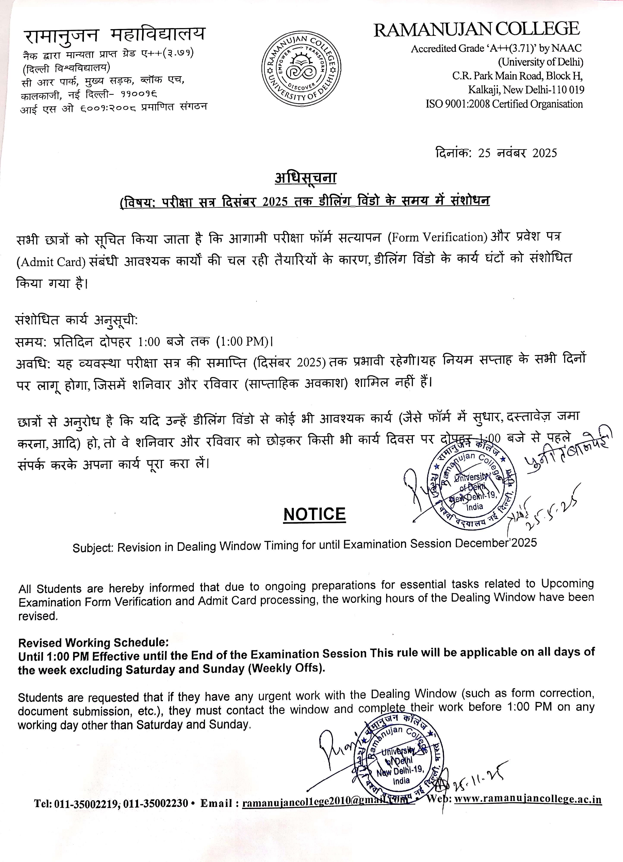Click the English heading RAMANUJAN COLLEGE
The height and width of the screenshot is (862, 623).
(477, 30)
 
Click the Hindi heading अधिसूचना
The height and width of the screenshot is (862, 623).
(306, 177)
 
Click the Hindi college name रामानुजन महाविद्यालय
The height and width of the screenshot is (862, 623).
(114, 35)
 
